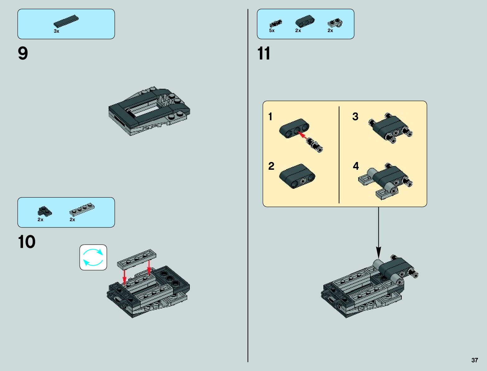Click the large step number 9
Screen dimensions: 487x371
tap(23, 54)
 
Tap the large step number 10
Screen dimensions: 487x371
tap(26, 242)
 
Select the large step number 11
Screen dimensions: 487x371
tap(264, 54)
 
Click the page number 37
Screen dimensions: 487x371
tap(474, 360)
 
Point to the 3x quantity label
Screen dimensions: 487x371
tap(56, 31)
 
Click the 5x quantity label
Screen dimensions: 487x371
tap(272, 31)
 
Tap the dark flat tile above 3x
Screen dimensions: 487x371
tap(66, 21)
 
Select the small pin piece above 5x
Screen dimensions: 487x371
tap(275, 23)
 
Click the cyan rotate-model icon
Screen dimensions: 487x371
tap(93, 257)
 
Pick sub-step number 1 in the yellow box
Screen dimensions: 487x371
tap(270, 117)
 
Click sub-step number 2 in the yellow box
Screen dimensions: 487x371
tap(271, 166)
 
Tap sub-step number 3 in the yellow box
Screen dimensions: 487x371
tap(355, 117)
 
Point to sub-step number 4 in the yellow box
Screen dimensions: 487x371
tap(356, 166)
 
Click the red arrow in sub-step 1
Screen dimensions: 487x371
tap(302, 135)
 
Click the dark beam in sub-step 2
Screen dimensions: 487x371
tap(297, 176)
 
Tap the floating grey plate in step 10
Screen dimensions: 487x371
tap(137, 259)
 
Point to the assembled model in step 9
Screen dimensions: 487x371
tap(149, 110)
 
